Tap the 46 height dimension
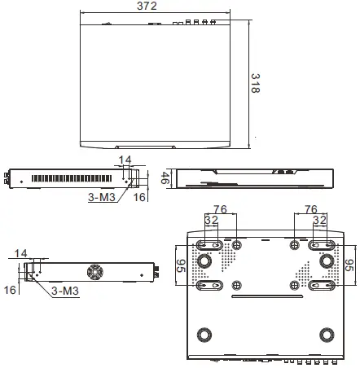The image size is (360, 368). pos(165,178)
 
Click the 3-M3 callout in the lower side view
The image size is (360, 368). pos(65,291)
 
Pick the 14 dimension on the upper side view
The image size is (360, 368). pos(125,160)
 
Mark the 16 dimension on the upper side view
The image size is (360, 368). pos(138,196)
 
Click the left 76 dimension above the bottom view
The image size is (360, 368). pos(219,208)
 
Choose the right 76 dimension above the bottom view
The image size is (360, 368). pos(310,208)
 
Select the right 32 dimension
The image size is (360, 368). pos(319,220)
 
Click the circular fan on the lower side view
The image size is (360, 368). pos(95,272)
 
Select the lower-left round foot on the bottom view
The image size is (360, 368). pos(204,335)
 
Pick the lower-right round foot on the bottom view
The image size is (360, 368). pos(327,335)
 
